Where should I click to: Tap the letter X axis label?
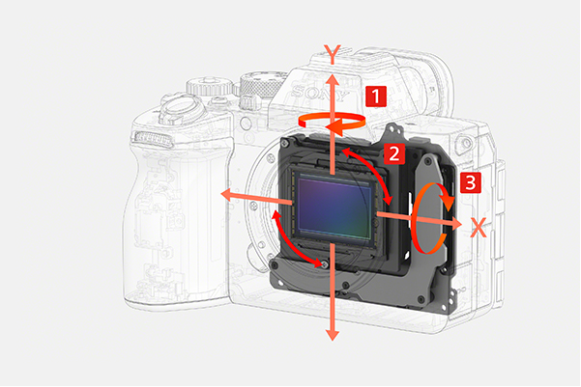(x=477, y=227)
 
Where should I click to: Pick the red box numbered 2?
(x=392, y=152)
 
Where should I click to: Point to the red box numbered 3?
(x=471, y=181)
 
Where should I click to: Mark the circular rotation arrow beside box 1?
(x=332, y=122)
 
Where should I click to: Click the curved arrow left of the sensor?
(x=294, y=239)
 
